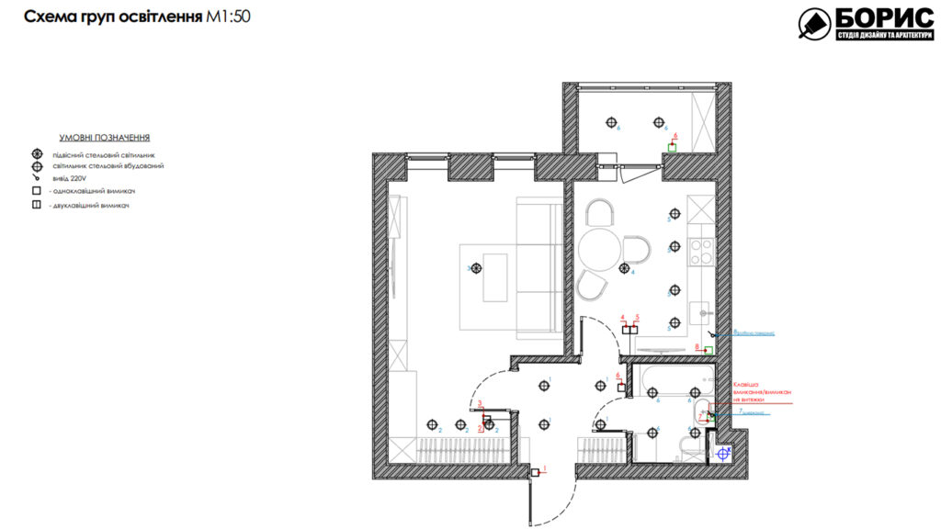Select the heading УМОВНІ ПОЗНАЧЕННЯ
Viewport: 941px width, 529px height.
point(104,135)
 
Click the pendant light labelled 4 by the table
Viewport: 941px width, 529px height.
point(625,269)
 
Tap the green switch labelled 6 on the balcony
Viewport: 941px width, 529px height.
point(672,146)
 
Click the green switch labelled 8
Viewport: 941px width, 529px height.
point(708,349)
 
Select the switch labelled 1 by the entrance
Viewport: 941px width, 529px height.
point(535,472)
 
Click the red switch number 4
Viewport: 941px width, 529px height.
point(624,328)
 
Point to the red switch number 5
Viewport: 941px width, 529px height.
point(637,328)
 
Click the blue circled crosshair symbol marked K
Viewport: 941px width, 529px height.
point(724,453)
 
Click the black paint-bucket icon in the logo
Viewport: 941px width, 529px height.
point(813,24)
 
